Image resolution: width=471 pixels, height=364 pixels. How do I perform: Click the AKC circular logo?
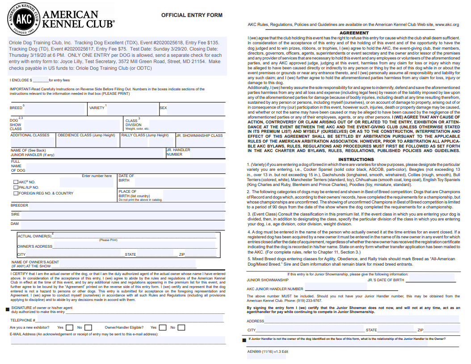pos(21,19)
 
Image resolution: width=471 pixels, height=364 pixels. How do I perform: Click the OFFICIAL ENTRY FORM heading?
pos(192,15)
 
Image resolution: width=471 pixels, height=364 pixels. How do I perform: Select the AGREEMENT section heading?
pos(354,33)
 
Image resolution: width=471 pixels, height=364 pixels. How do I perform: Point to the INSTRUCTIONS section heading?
pos(356,159)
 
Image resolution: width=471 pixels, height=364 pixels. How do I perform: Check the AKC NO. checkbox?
pos(16,182)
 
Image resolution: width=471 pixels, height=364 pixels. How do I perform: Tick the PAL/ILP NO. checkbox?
pos(16,187)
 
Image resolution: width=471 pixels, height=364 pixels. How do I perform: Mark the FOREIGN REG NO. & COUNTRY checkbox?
pos(16,193)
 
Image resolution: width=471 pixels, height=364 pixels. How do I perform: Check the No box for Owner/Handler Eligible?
pos(181,327)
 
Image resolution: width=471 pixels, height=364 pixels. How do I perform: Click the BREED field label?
pos(16,108)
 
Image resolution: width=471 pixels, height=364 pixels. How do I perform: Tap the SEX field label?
pos(163,108)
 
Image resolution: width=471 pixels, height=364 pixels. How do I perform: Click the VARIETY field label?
pos(97,108)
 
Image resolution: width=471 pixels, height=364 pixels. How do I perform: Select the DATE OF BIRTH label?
pos(126,178)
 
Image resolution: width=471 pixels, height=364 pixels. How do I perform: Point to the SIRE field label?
pos(15,214)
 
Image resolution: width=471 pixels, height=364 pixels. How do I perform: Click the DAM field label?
pos(15,223)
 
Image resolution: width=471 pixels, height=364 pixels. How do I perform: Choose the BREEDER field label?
pos(19,205)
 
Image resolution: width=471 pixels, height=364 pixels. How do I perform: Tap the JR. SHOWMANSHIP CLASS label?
pos(199,135)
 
